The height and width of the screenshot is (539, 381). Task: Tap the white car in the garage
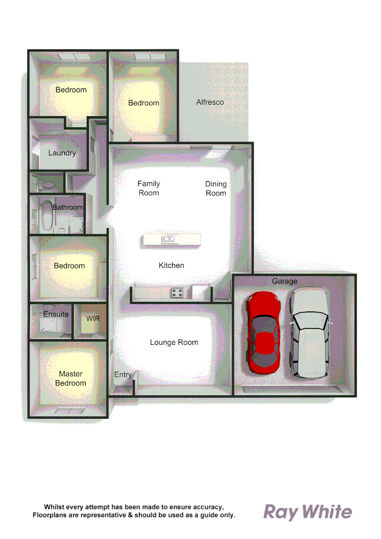pos(309,333)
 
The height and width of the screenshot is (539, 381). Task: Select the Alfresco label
pos(210,102)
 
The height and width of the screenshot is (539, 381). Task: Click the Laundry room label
pos(62,153)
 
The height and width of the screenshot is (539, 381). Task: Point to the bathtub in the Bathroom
pos(46,215)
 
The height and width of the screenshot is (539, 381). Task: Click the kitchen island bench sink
pos(168,240)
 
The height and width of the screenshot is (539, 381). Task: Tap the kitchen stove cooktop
pos(177,293)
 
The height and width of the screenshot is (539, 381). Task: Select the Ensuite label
pos(56,314)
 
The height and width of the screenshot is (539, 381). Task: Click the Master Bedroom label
pos(70,378)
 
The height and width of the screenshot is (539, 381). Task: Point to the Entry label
pos(123,375)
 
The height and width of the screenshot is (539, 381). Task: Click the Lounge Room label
pos(174,342)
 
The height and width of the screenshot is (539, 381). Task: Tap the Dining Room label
pos(216,189)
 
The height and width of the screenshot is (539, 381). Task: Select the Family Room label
pos(149,188)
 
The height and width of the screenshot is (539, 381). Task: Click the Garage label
pos(284,281)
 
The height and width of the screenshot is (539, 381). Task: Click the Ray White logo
pos(308,512)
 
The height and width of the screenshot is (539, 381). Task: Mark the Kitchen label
pos(171,266)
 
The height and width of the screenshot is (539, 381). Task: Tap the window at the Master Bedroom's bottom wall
pos(70,411)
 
